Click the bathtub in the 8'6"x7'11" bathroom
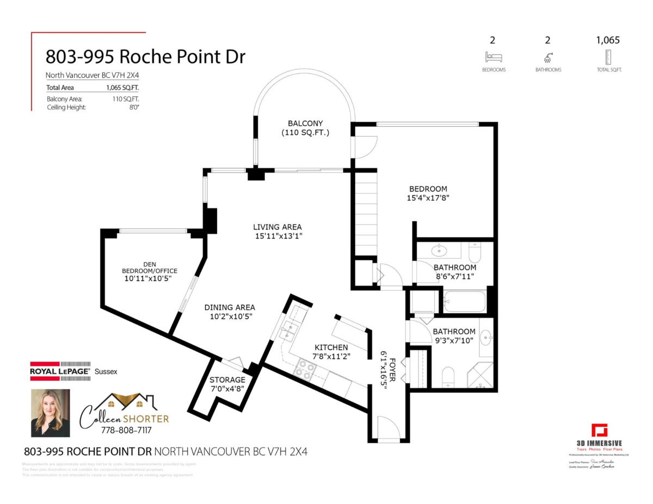click(x=464, y=301)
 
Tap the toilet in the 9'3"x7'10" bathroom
click(x=448, y=376)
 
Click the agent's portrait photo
click(x=50, y=413)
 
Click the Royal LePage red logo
click(x=60, y=372)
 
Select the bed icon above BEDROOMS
click(x=494, y=57)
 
